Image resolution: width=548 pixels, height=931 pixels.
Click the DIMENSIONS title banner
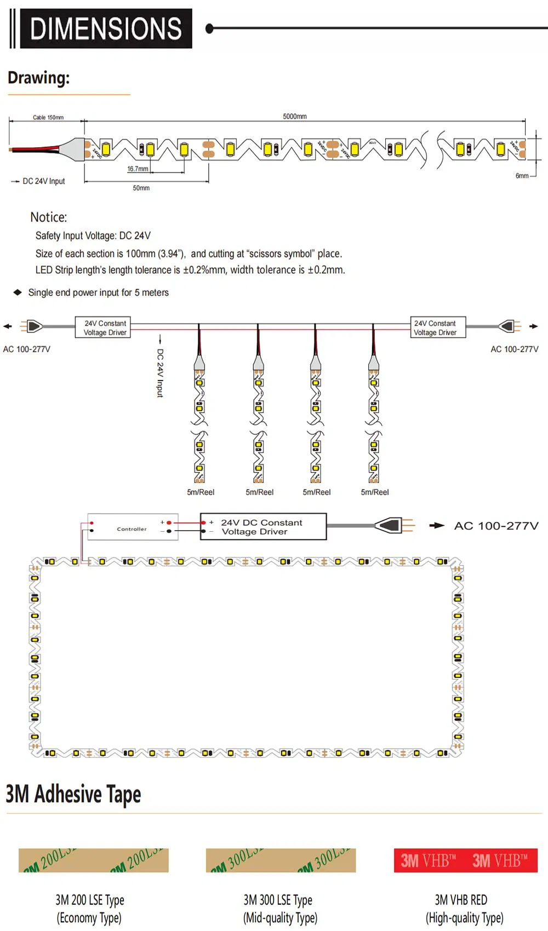(106, 28)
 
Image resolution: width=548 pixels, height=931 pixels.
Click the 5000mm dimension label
(295, 116)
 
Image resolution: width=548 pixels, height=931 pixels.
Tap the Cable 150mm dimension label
(48, 117)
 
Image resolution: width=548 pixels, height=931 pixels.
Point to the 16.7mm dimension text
(138, 169)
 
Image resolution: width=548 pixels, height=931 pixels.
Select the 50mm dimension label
(141, 188)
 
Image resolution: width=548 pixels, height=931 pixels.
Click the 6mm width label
(522, 176)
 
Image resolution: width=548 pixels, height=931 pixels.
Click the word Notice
(49, 217)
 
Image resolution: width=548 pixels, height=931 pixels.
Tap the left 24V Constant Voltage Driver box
(103, 327)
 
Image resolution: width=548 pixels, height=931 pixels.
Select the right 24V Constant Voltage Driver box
(438, 327)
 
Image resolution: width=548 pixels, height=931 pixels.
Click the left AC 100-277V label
(27, 349)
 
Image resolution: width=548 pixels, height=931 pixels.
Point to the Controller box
(133, 527)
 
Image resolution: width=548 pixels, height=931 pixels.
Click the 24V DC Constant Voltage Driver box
(263, 527)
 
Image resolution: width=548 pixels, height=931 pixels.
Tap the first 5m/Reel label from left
(201, 492)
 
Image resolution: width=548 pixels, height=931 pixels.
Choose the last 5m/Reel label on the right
(375, 492)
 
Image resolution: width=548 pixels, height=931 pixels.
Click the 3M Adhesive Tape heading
(73, 794)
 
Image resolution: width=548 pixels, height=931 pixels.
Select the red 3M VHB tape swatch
(465, 860)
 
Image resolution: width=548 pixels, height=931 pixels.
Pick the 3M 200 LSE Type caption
(89, 900)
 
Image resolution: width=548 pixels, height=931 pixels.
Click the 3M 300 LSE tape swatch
(281, 860)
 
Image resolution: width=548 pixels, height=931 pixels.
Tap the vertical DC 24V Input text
(160, 373)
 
